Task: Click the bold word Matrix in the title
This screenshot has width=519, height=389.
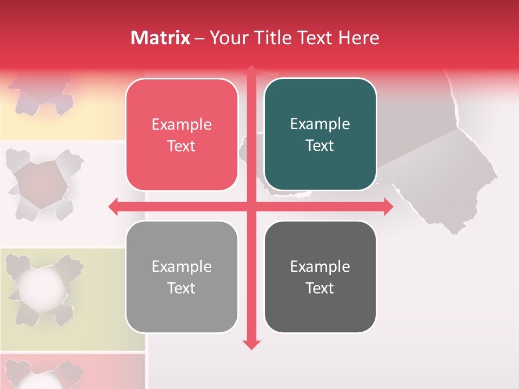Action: pyautogui.click(x=161, y=38)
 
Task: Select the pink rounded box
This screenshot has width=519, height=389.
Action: pyautogui.click(x=182, y=135)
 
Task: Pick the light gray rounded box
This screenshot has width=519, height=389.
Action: pyautogui.click(x=182, y=277)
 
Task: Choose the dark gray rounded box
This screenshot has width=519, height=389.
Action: pyautogui.click(x=320, y=277)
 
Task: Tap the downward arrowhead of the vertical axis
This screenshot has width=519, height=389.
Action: pyautogui.click(x=251, y=344)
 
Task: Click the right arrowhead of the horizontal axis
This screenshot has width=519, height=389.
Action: pyautogui.click(x=388, y=206)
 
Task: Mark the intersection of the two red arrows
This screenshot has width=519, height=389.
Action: pyautogui.click(x=251, y=206)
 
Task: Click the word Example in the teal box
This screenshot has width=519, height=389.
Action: pyautogui.click(x=320, y=124)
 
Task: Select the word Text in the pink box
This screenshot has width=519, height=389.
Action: pyautogui.click(x=182, y=146)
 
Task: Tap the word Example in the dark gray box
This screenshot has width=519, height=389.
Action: pyautogui.click(x=320, y=266)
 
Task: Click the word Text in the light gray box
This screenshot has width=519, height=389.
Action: pyautogui.click(x=182, y=289)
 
